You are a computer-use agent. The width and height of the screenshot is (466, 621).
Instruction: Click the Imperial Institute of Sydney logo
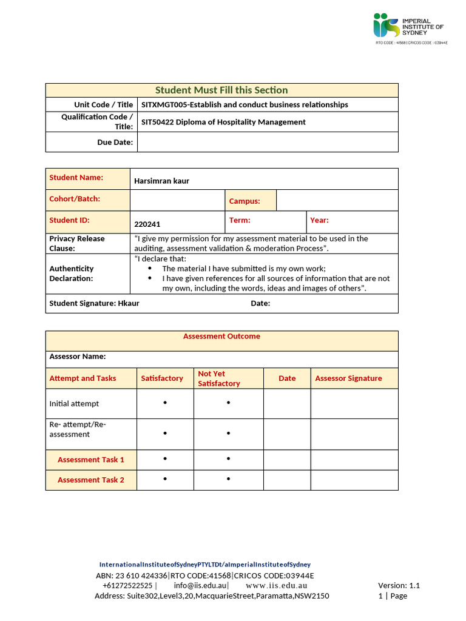pyautogui.click(x=410, y=28)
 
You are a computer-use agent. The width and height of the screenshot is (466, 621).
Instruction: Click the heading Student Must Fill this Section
pyautogui.click(x=221, y=90)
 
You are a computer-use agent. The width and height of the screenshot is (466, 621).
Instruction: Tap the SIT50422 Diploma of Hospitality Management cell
pyautogui.click(x=223, y=122)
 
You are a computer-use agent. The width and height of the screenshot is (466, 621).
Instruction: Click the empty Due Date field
pyautogui.click(x=267, y=142)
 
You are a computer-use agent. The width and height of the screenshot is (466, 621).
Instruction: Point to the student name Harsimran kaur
pyautogui.click(x=161, y=181)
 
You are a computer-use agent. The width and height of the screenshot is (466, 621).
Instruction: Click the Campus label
pyautogui.click(x=245, y=201)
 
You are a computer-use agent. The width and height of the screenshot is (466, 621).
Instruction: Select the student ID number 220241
pyautogui.click(x=147, y=224)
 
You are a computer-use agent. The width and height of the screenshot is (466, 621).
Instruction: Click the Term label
pyautogui.click(x=240, y=221)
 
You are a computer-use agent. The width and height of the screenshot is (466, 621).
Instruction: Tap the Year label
pyautogui.click(x=319, y=221)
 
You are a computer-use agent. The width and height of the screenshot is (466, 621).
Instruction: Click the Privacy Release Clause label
pyautogui.click(x=77, y=243)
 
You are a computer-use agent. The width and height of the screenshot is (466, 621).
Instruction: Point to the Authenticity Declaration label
pyautogui.click(x=72, y=274)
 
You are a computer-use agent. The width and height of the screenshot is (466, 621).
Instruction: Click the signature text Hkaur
pyautogui.click(x=128, y=303)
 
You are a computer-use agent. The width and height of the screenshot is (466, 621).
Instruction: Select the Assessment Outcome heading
pyautogui.click(x=221, y=337)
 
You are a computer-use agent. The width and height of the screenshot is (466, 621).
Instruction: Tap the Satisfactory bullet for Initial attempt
pyautogui.click(x=166, y=403)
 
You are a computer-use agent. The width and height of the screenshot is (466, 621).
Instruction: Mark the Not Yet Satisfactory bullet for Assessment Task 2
pyautogui.click(x=228, y=479)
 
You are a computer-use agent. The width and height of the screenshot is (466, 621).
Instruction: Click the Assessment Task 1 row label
pyautogui.click(x=91, y=460)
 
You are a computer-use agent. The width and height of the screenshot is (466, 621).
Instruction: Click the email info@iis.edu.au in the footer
pyautogui.click(x=200, y=586)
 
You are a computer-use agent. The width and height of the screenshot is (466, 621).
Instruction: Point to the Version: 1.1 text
pyautogui.click(x=399, y=586)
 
